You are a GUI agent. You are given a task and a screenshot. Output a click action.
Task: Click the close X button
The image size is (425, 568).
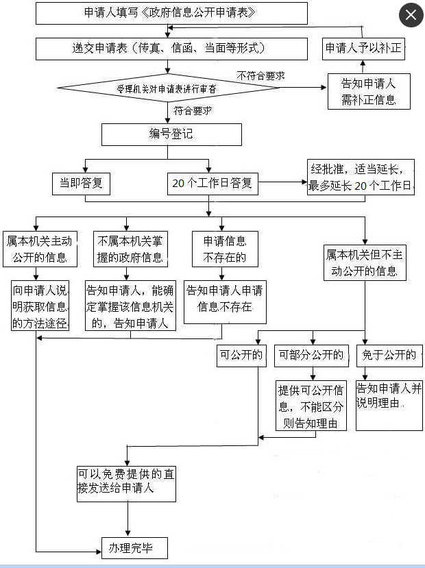point(411,14)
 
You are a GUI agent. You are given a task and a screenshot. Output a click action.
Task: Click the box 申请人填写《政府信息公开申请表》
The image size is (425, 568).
point(171,13)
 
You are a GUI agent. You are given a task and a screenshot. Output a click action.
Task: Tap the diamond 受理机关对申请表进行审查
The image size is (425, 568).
point(169,88)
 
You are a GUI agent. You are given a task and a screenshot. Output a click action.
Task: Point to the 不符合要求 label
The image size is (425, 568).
point(260,75)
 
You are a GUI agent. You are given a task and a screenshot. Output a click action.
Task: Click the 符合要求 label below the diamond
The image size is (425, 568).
point(191,110)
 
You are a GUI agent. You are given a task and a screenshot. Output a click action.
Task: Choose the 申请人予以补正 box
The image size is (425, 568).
point(363,48)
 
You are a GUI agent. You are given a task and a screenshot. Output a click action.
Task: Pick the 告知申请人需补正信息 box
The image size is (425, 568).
point(368,91)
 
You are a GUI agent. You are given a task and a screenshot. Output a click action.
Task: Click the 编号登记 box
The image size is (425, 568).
point(171,134)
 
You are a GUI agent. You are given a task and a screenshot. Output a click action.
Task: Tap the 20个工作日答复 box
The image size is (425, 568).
point(212,183)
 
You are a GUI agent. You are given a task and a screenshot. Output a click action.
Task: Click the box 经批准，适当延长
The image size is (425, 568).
point(361,177)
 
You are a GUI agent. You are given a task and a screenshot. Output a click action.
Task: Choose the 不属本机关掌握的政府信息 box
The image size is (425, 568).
point(130,249)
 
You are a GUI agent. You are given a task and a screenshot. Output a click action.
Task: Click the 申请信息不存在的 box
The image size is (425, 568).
point(225,249)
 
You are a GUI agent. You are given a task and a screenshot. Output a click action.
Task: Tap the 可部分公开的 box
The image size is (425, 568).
point(310,355)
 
